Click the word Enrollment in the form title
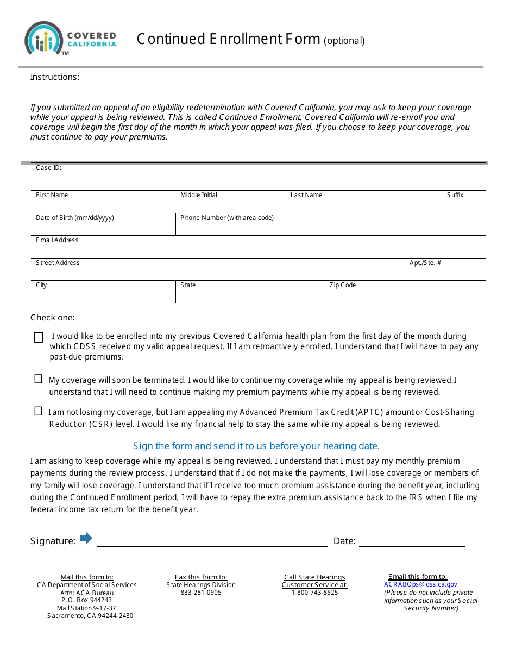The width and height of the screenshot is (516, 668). click(x=248, y=39)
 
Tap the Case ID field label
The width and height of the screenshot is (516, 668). click(x=48, y=168)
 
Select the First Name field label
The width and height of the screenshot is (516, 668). click(x=52, y=195)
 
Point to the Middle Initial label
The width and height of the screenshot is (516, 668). click(x=199, y=195)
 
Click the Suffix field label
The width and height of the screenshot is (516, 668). click(x=455, y=195)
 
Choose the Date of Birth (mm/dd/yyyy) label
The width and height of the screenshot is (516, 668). click(x=75, y=218)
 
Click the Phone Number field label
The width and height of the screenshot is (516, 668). click(x=227, y=218)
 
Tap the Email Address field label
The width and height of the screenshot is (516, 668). click(x=57, y=240)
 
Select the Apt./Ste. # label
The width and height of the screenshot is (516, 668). click(x=425, y=263)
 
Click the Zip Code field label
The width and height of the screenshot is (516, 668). click(x=343, y=285)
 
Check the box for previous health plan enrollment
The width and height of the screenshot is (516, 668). click(x=39, y=338)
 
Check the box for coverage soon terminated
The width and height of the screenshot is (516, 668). click(x=38, y=379)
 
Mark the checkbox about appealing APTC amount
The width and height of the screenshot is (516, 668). click(x=38, y=411)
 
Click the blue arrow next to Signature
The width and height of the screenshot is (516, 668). click(x=86, y=538)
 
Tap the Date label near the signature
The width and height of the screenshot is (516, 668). click(x=344, y=541)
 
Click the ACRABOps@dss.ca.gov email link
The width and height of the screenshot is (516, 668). click(x=420, y=584)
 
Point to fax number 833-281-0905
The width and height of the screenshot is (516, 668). click(x=201, y=593)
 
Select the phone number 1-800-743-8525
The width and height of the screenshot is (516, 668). click(x=314, y=593)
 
